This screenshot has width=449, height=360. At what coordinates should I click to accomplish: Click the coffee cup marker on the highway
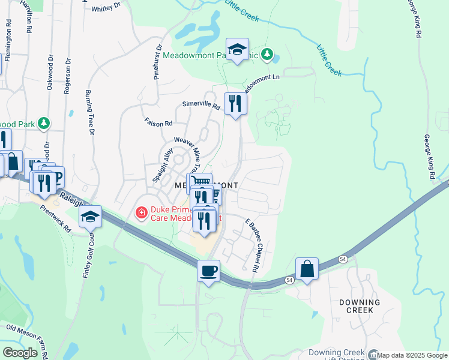[208, 271]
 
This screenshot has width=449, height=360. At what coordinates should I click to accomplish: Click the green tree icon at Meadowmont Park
[268, 55]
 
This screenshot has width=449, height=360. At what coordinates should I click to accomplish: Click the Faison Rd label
[158, 122]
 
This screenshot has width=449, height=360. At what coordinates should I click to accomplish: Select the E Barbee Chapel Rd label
[251, 246]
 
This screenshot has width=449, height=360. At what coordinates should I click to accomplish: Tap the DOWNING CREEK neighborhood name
[359, 306]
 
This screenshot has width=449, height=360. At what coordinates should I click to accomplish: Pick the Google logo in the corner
[20, 353]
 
